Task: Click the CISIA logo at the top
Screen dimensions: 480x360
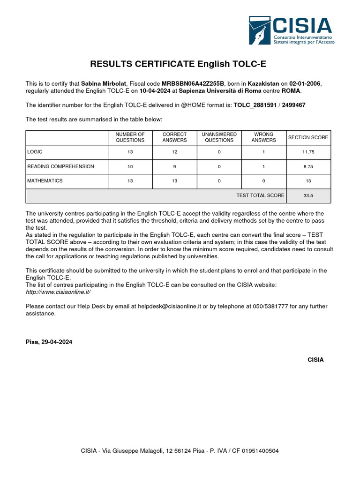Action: point(290,31)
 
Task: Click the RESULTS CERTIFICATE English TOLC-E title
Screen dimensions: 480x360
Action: point(178,64)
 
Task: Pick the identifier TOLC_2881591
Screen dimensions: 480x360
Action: point(255,105)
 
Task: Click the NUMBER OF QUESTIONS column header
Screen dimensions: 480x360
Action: point(130,137)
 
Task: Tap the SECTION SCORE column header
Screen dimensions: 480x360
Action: point(308,137)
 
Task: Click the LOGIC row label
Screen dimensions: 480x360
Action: point(35,152)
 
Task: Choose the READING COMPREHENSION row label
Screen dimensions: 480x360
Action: point(60,166)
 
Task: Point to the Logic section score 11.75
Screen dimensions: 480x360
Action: point(308,152)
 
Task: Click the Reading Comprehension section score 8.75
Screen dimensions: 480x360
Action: point(308,166)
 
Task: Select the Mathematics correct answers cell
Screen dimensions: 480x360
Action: point(174,181)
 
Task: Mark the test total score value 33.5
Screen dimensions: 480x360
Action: point(308,195)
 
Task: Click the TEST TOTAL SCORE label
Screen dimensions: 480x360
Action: point(260,195)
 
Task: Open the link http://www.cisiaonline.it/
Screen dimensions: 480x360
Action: point(58,292)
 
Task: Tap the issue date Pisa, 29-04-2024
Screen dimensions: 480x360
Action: point(49,342)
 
